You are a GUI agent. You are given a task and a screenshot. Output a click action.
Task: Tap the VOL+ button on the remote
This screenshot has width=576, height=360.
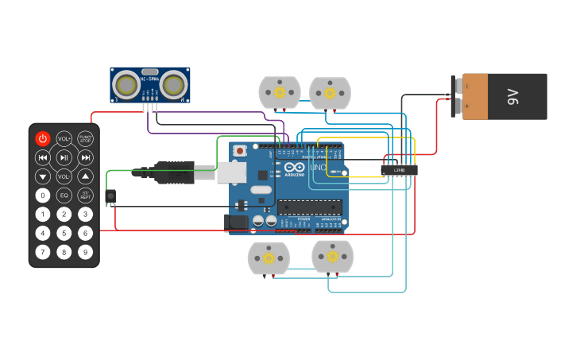click(x=64, y=138)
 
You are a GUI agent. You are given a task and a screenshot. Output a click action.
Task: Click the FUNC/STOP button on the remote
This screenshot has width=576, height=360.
click(x=85, y=138)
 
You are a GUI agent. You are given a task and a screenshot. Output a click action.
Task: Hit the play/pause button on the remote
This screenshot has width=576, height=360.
click(x=64, y=157)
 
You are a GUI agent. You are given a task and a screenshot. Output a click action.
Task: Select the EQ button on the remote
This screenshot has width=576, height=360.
click(x=64, y=195)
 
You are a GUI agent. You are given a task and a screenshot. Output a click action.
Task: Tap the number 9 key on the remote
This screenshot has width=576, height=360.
click(x=85, y=252)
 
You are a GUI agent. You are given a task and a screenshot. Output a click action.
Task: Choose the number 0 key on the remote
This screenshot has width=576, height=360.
click(x=43, y=195)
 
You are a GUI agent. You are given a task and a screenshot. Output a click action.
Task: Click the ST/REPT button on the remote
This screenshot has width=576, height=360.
click(x=85, y=195)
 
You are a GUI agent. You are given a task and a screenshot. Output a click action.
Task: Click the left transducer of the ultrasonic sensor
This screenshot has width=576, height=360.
click(x=126, y=83)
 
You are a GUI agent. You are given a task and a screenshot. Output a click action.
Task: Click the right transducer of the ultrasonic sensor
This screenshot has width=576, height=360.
click(x=174, y=83)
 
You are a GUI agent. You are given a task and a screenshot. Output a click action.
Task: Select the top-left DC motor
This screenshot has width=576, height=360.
click(x=280, y=93)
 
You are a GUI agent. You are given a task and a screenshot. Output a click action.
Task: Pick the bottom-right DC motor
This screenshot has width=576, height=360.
click(x=332, y=257)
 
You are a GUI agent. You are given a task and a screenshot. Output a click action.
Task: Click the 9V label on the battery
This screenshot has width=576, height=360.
click(x=512, y=97)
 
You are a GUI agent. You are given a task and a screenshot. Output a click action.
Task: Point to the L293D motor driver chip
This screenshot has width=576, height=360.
click(x=399, y=170)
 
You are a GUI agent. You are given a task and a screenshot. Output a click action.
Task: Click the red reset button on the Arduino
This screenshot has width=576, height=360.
click(x=240, y=149)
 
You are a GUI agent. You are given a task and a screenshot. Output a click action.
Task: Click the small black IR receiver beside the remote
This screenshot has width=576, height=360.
click(x=110, y=195)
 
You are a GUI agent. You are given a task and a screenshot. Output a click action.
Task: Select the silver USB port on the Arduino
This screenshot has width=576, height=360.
click(x=231, y=172)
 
